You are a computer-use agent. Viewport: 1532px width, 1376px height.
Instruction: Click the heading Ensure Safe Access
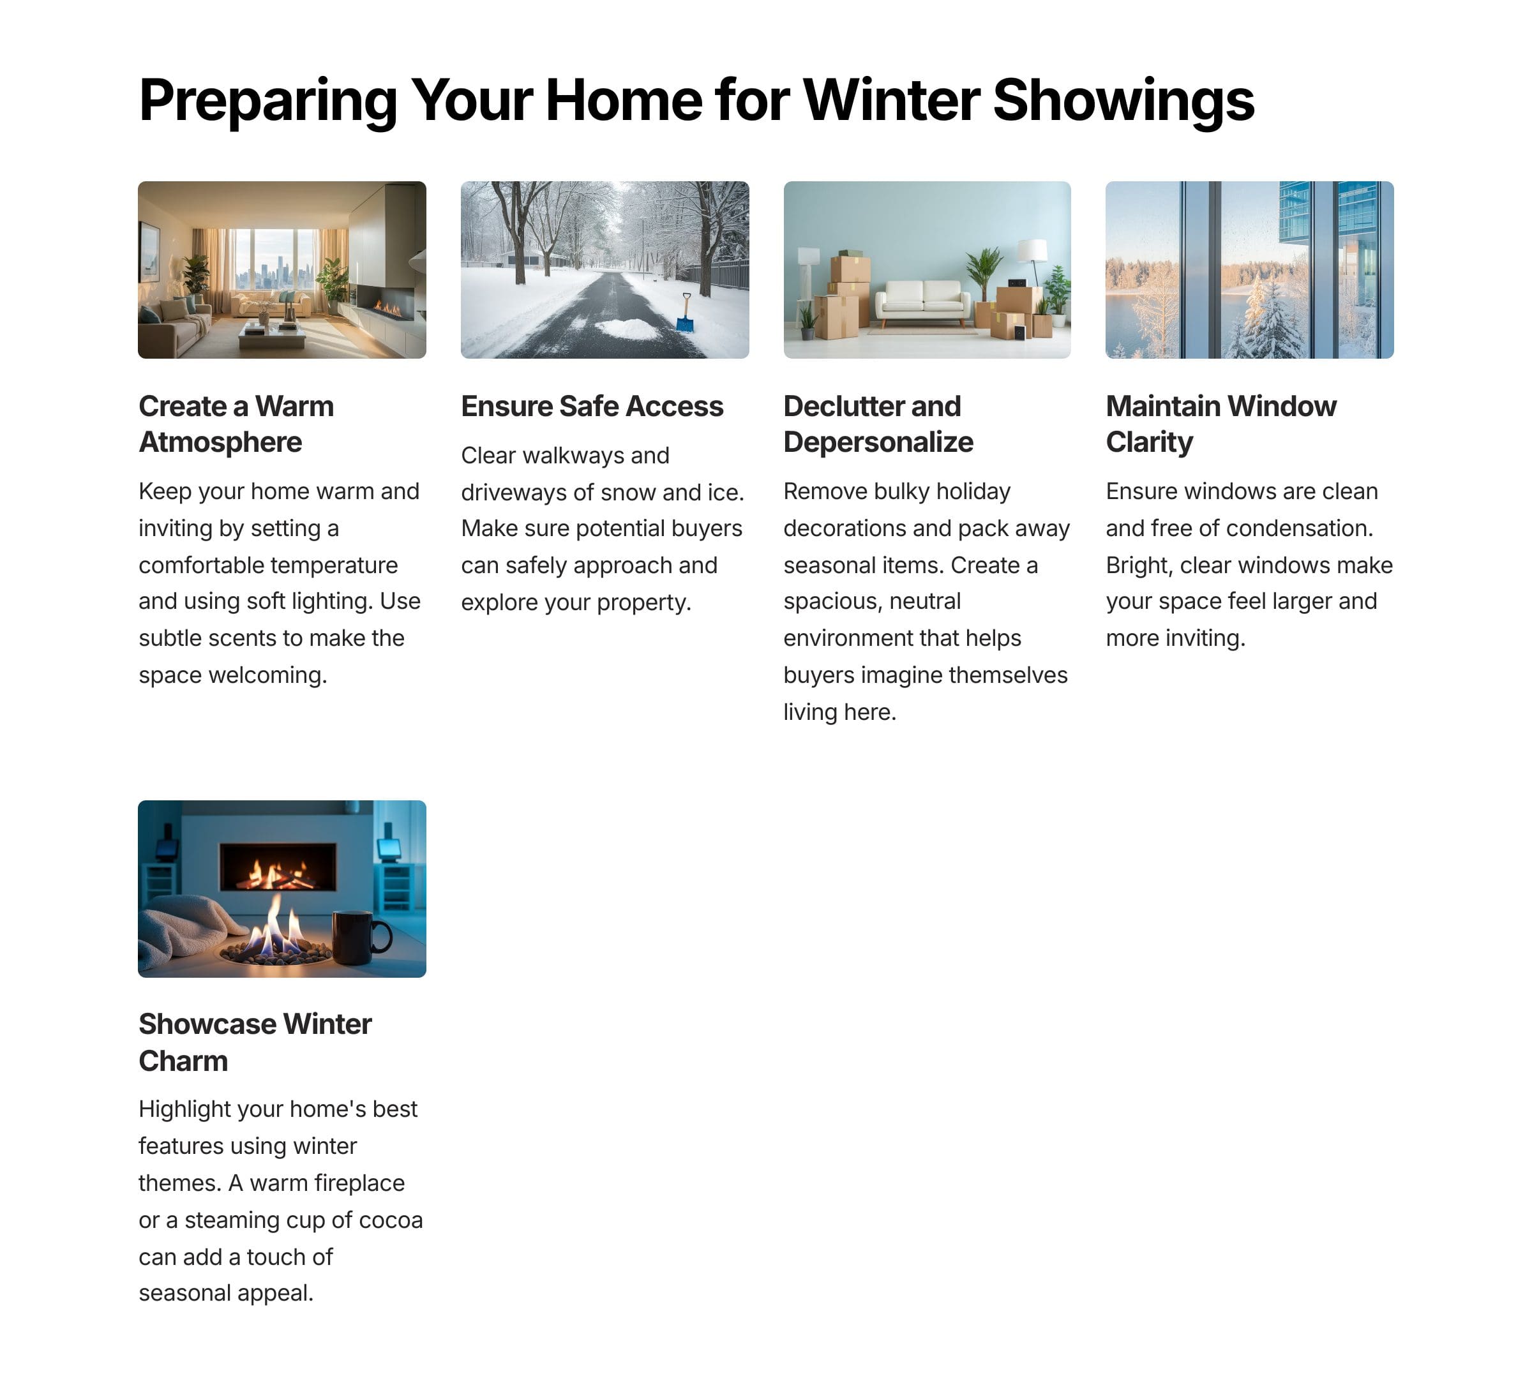point(592,406)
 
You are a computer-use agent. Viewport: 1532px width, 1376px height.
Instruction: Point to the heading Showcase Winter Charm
point(255,1043)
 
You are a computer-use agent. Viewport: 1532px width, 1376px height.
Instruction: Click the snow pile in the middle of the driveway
point(627,329)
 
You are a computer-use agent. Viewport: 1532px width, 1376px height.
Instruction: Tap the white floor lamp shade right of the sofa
point(1032,250)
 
